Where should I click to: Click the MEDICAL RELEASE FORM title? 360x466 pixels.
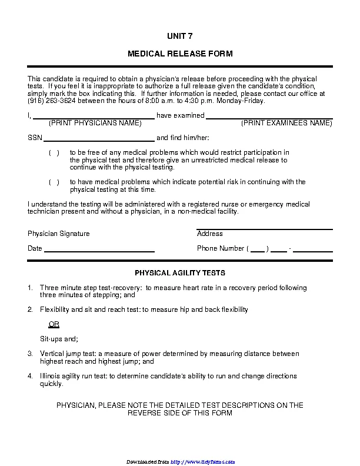coord(180,54)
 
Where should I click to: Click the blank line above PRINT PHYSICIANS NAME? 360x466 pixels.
coord(94,118)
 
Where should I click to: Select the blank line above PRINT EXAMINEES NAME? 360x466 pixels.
coord(269,118)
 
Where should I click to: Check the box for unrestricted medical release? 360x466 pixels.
coord(54,153)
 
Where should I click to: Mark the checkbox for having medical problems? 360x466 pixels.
coord(54,182)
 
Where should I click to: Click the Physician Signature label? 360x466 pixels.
coord(59,234)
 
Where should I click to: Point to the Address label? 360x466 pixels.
coord(209,234)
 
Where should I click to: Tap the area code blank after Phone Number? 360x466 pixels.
coord(258,250)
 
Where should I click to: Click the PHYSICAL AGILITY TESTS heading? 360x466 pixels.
coord(180,273)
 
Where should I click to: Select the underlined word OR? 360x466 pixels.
coord(54,324)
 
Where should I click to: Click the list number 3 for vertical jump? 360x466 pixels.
coord(30,354)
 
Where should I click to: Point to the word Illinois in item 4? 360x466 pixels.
coord(51,376)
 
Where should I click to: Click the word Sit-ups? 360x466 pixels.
coord(51,339)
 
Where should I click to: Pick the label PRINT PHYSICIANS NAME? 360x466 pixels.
coord(95,124)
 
